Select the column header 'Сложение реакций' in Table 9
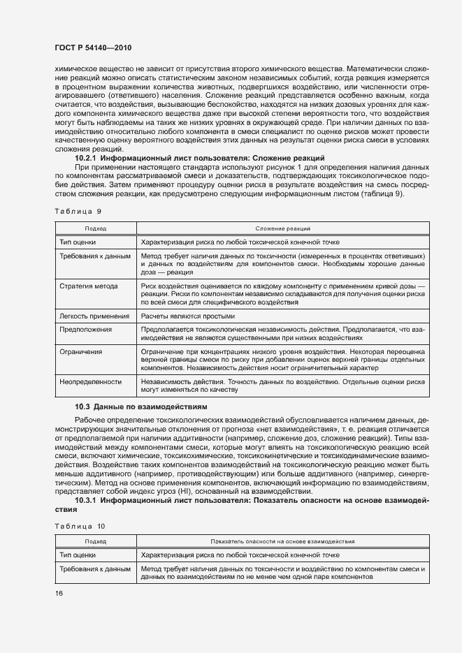click(283, 228)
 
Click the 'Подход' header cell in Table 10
click(96, 541)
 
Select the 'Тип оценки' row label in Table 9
click(78, 242)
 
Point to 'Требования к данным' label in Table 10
click(95, 569)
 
